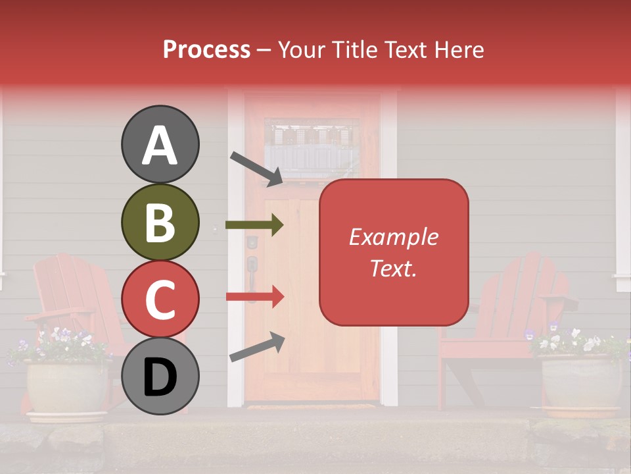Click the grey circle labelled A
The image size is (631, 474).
pos(160,145)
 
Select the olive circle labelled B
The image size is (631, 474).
pos(160,223)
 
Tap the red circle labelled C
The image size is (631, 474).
pos(160,300)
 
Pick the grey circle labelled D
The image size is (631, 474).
pos(160,377)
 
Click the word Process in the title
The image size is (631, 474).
pos(206,49)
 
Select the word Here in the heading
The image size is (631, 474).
pos(459,49)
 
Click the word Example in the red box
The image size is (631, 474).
pos(393,237)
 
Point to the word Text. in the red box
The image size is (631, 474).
pos(393,268)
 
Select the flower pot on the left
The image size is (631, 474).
pos(66,388)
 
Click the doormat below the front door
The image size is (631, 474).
pos(311,407)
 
